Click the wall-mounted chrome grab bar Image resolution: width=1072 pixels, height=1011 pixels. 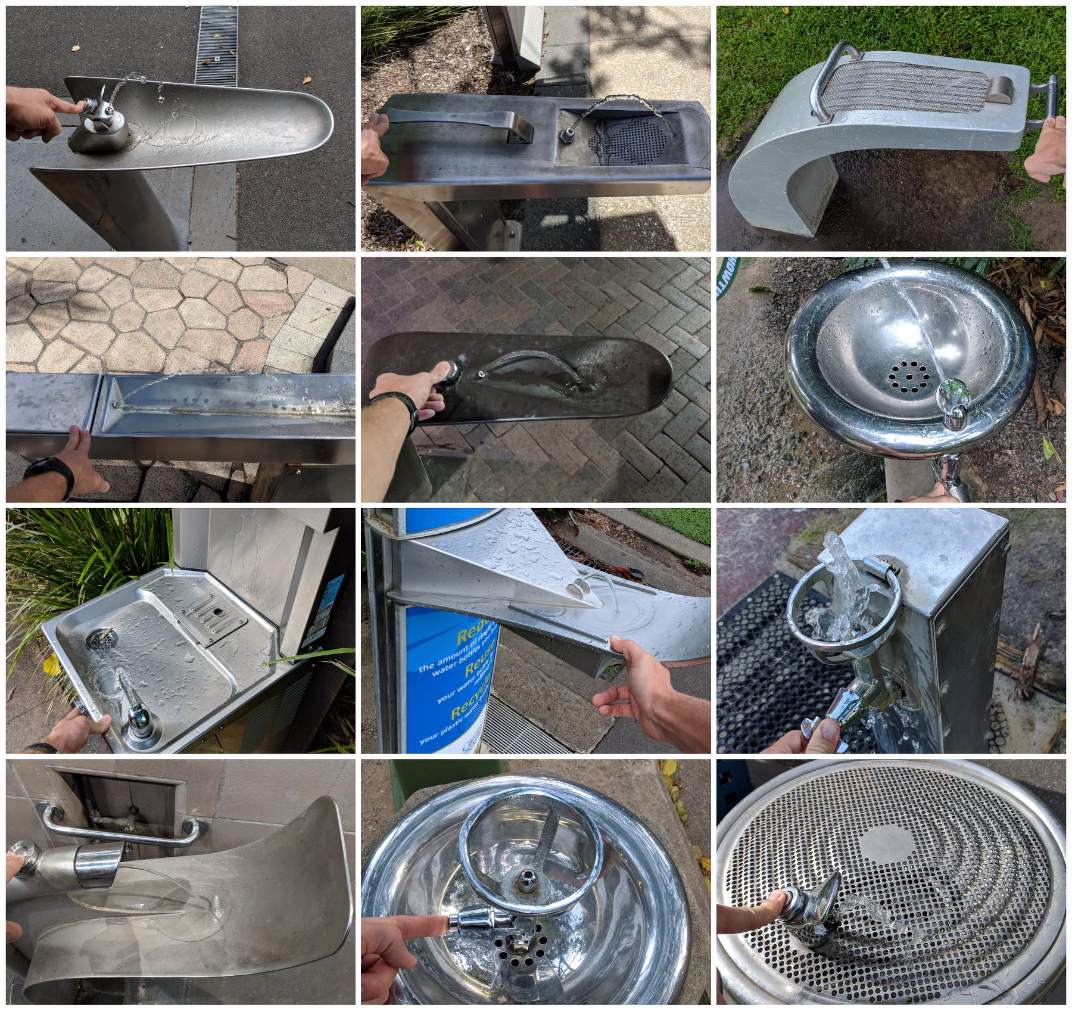119,822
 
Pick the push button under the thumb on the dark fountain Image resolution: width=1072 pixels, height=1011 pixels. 448,373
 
